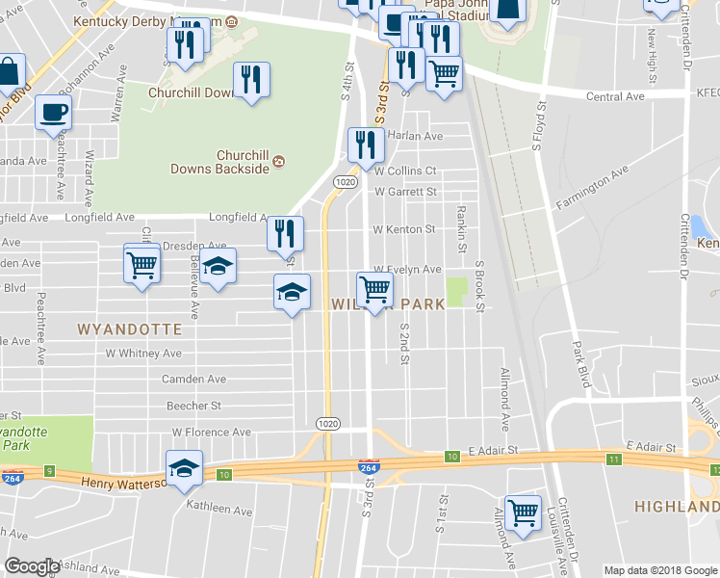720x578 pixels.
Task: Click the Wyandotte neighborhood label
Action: click(129, 328)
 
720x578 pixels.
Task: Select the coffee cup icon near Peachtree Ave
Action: click(53, 112)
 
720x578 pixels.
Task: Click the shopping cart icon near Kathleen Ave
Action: click(523, 512)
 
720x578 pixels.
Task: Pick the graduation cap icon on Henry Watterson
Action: click(185, 468)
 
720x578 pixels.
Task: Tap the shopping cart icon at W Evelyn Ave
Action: click(374, 288)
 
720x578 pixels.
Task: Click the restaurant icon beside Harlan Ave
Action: click(365, 145)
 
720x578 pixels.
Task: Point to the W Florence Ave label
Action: click(211, 433)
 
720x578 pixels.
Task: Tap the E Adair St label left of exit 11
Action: click(493, 450)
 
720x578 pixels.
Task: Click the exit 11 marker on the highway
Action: click(613, 460)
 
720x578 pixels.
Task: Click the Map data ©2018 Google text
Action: click(659, 570)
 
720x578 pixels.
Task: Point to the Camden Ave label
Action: click(193, 380)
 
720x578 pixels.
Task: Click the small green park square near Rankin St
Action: click(457, 287)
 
